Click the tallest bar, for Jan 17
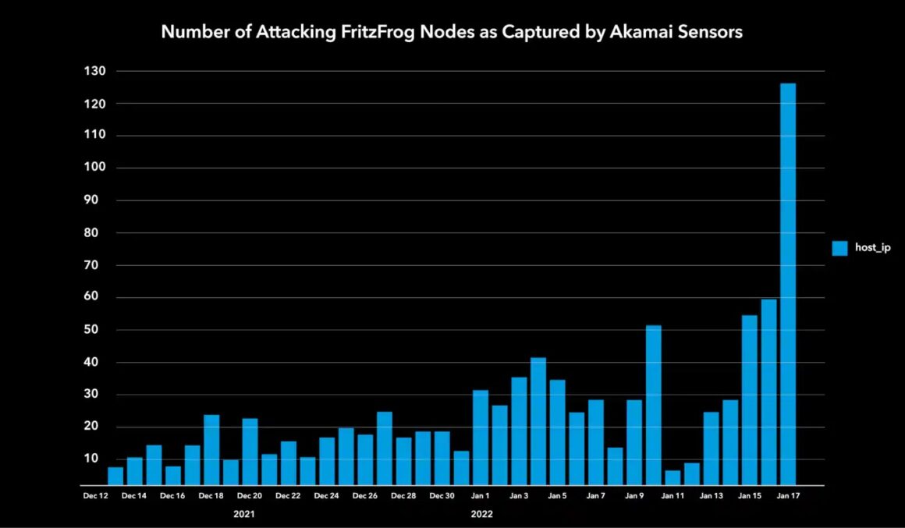pos(788,285)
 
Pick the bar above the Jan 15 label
pos(750,401)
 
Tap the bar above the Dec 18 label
pos(211,451)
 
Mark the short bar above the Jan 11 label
pos(673,478)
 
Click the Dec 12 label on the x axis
pos(96,496)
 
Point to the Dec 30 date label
pos(442,496)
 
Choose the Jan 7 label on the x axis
pos(595,496)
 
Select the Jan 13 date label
pos(711,496)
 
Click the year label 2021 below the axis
pos(244,515)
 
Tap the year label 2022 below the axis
pos(481,515)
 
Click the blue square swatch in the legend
pos(839,248)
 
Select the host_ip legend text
pos(873,248)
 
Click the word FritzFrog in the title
pos(372,33)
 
